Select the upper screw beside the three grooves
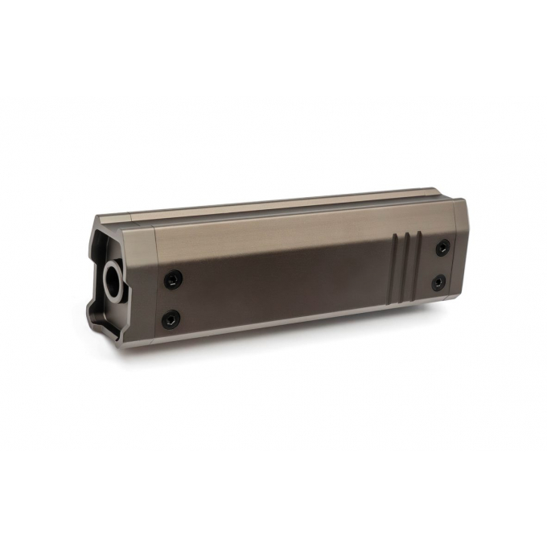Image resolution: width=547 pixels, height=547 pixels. [442, 247]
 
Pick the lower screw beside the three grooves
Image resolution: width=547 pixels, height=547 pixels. [438, 282]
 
